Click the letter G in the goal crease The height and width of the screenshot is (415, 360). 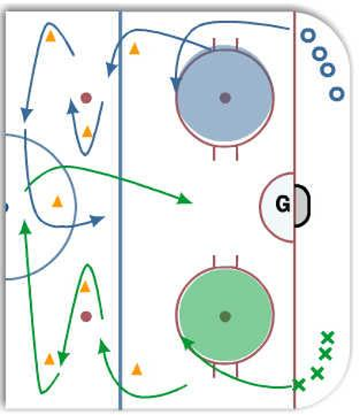pos(283,204)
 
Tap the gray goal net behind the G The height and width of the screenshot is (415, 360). pos(301,206)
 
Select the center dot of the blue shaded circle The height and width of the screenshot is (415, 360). pos(225,98)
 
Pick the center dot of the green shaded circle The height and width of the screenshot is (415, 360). pos(225,316)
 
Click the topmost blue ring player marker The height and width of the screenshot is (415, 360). pos(308,35)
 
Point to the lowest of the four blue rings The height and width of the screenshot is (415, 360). pos(337,94)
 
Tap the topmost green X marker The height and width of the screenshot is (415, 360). pos(328,338)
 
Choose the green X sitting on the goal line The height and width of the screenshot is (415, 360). pos(299,384)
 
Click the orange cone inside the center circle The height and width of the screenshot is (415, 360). pos(57,202)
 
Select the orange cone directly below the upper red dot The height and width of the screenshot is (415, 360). pos(87,132)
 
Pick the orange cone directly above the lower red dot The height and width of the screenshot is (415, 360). pos(85,287)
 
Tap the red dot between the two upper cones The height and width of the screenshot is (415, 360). pos(86,98)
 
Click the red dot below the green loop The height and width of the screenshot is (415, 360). pos(86,316)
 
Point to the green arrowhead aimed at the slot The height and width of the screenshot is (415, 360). pos(184,199)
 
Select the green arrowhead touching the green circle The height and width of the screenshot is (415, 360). pos(187,343)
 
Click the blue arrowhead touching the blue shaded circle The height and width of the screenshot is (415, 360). pos(176,85)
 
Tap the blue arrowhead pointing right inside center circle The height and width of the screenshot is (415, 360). pos(97,220)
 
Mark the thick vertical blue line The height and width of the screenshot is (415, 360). pos(120,210)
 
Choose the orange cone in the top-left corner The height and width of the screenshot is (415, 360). pos(51,36)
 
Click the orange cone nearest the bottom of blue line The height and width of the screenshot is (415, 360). pos(137,369)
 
